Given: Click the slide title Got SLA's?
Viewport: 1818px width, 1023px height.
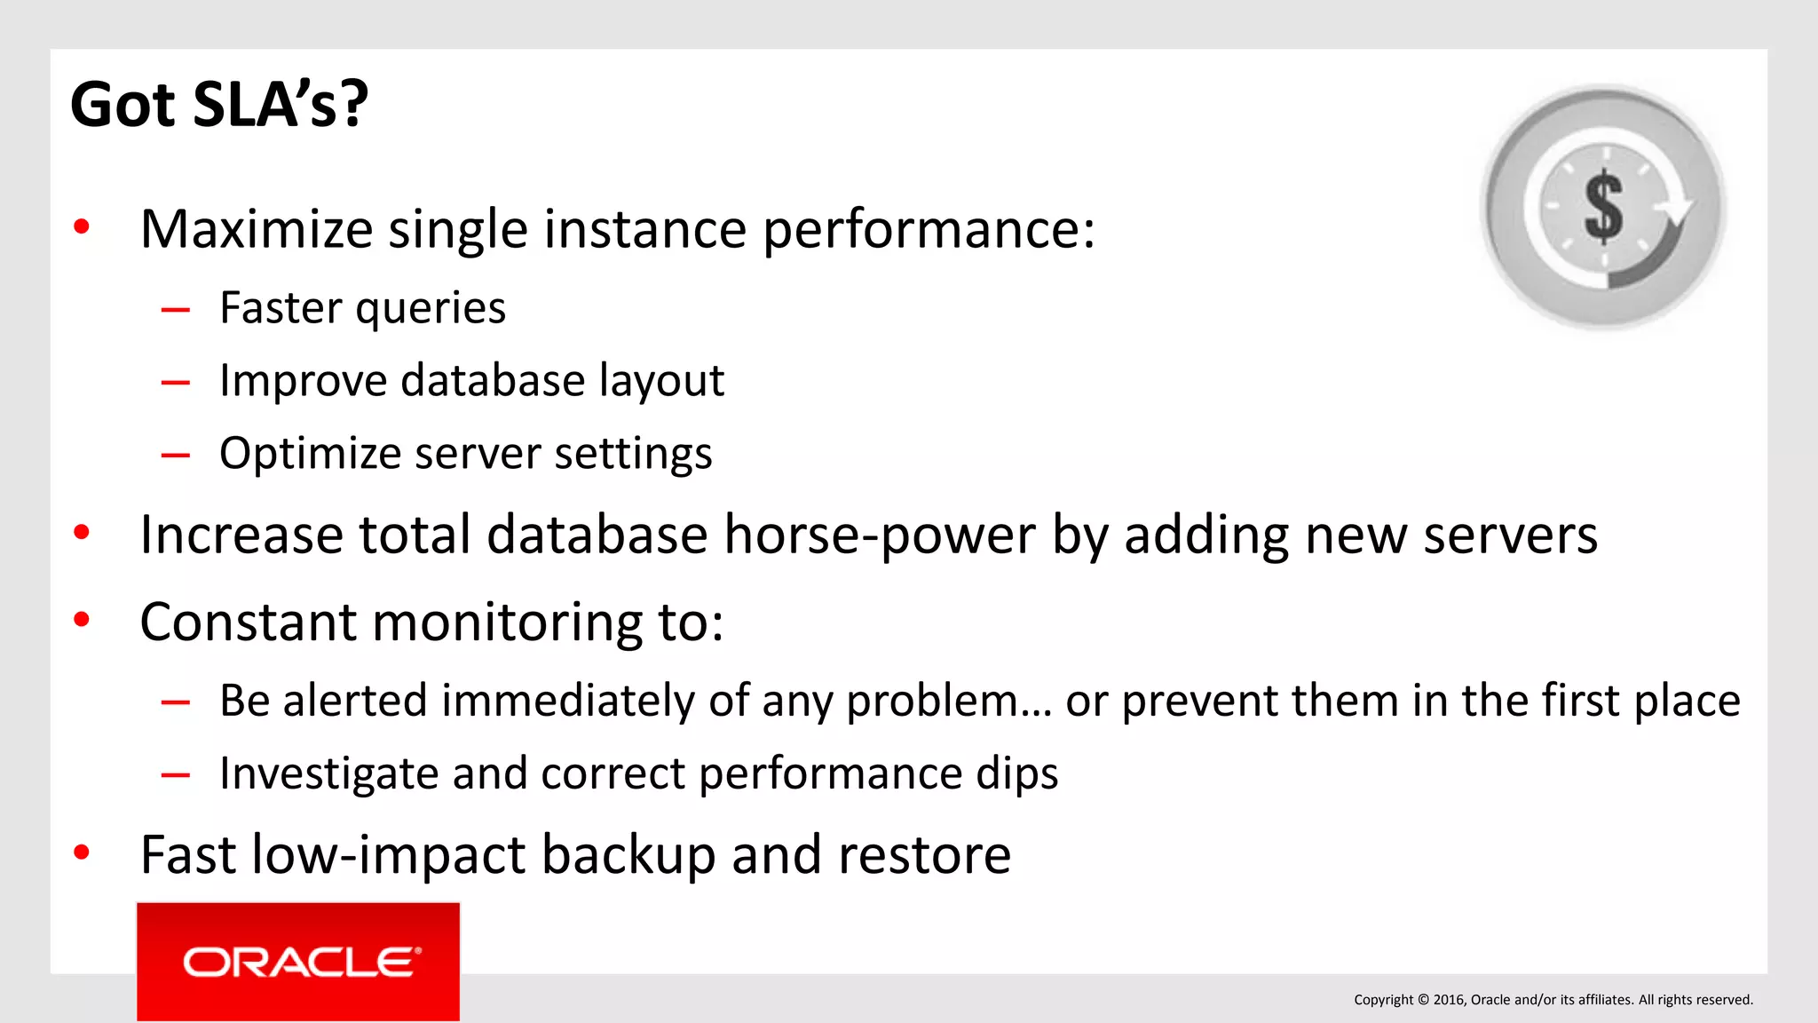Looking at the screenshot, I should point(218,105).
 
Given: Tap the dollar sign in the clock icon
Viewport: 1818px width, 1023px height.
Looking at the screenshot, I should point(1603,207).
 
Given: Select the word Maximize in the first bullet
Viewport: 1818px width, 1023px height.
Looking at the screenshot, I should point(257,229).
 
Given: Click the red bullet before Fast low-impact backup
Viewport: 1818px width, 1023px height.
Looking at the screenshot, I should point(82,853).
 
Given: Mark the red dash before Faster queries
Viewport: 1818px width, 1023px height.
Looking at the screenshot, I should point(176,310).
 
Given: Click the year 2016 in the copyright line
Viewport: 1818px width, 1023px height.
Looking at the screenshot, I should point(1448,1000).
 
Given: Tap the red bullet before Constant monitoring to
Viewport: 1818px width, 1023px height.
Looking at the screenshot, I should point(82,620).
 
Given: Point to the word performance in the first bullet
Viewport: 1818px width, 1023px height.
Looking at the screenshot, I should point(929,229).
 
